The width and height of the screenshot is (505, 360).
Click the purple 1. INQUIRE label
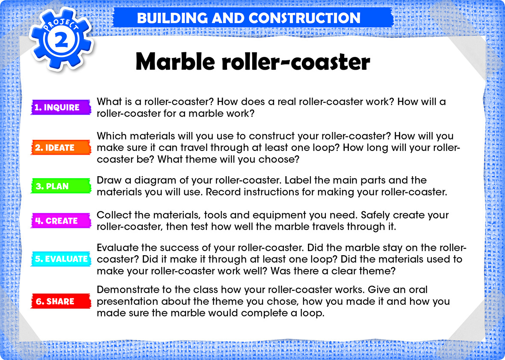tap(61, 107)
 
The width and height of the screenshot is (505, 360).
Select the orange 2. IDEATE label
tap(61, 148)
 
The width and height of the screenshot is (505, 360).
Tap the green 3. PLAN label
tap(61, 186)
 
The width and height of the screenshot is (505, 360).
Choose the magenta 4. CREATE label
tap(61, 221)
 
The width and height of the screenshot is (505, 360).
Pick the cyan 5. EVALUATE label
tap(61, 259)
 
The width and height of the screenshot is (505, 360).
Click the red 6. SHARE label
tap(61, 301)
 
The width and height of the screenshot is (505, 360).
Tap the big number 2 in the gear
tap(61, 41)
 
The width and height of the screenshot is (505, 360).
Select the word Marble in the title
tap(175, 61)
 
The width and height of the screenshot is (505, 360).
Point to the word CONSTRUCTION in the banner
tap(304, 18)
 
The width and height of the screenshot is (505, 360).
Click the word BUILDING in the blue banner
tap(172, 18)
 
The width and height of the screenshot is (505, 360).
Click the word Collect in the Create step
tap(113, 215)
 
